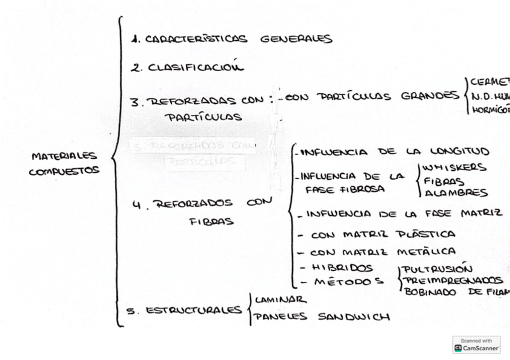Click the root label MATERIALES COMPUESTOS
click(64, 163)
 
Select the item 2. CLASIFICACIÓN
click(188, 67)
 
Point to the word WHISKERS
click(454, 168)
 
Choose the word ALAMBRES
click(456, 193)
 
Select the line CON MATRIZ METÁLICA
click(382, 251)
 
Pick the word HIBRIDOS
click(342, 267)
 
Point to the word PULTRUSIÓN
click(437, 269)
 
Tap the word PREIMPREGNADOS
click(453, 280)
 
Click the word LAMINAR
click(280, 299)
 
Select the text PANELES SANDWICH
click(321, 317)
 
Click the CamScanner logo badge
click(476, 344)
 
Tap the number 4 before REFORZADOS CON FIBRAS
click(137, 204)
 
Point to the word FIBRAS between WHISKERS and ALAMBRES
click(444, 181)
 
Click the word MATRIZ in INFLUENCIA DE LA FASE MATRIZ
click(481, 213)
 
